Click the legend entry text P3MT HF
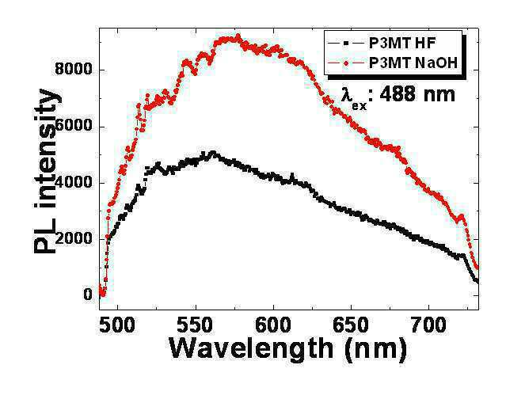[x=402, y=44]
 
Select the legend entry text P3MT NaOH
[x=413, y=63]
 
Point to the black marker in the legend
[x=346, y=43]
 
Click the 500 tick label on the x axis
[x=117, y=325]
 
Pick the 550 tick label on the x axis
[x=196, y=325]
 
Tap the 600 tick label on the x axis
[x=273, y=325]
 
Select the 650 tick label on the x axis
[x=351, y=325]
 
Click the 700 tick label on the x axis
[x=428, y=325]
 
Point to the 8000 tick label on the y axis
[x=74, y=69]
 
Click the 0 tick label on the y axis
[x=88, y=294]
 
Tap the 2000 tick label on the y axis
[x=74, y=238]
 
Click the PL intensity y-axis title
[x=46, y=171]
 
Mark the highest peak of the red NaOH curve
[x=238, y=36]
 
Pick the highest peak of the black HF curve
[x=213, y=152]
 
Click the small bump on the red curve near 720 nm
[x=461, y=216]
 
